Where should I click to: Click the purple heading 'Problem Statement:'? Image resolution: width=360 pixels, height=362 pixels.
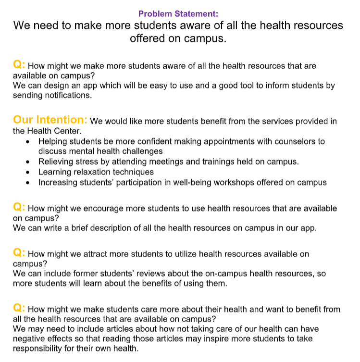(x=178, y=13)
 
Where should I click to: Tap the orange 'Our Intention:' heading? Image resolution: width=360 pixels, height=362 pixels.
(x=50, y=120)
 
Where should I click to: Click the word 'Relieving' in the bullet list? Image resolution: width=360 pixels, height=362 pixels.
(x=58, y=162)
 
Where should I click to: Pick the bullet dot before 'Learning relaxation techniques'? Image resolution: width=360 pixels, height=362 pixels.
(x=29, y=172)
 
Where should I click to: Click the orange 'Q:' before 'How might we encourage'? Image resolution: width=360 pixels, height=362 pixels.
(x=19, y=207)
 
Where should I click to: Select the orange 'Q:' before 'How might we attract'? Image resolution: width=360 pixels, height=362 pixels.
(x=19, y=252)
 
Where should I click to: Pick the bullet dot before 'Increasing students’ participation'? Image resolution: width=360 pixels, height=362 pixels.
(x=29, y=183)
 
